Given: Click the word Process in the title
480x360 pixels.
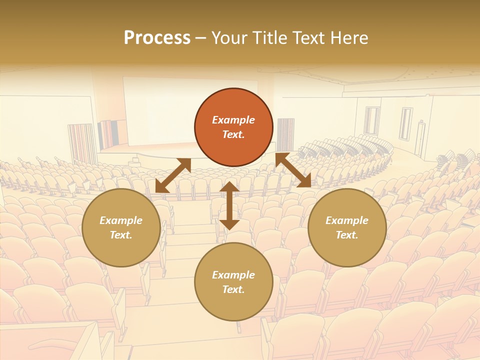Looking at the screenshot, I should (x=157, y=38).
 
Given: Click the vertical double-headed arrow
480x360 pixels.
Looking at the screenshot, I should (x=229, y=205).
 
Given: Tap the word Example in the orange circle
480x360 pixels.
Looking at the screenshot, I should (x=233, y=120).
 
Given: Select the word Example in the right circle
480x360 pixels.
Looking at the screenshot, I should (x=347, y=220).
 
